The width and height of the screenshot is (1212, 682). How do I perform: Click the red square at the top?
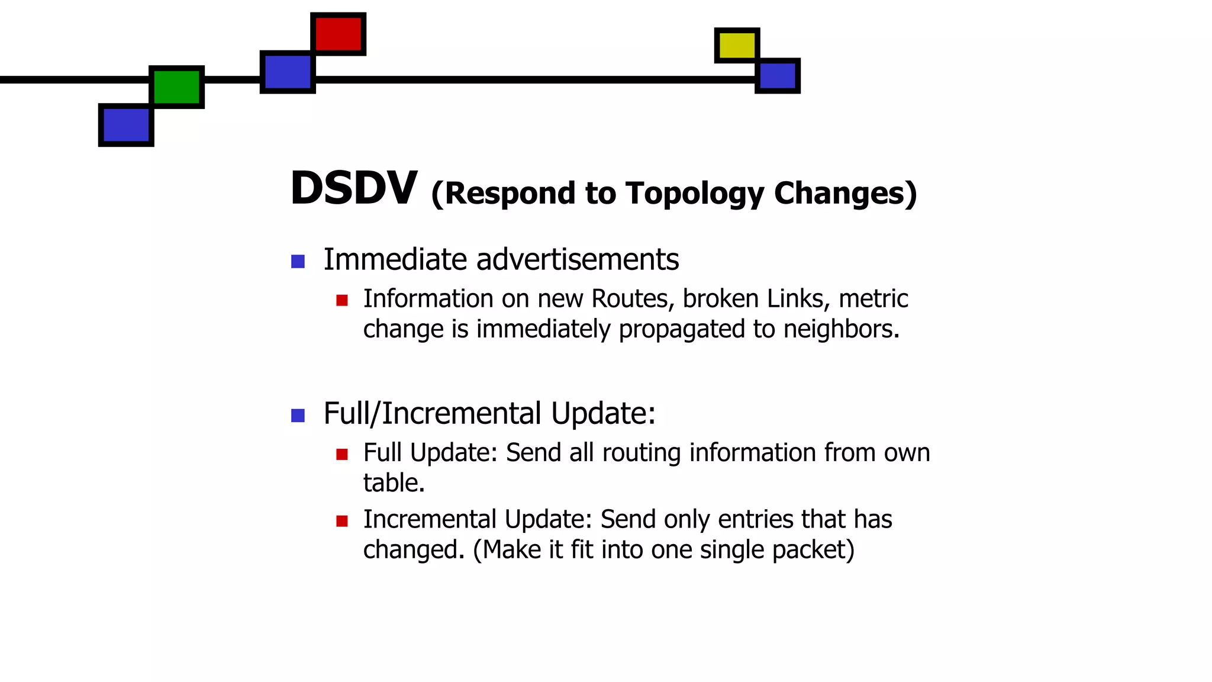[x=338, y=34]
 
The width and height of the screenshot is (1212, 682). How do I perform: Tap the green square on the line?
[x=176, y=86]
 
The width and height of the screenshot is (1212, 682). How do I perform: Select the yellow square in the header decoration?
[x=737, y=45]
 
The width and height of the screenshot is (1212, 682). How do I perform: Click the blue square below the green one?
[x=126, y=125]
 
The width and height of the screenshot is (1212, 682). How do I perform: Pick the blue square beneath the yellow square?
[x=778, y=76]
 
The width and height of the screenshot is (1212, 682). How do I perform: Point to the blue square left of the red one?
[x=288, y=72]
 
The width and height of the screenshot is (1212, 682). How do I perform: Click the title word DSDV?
[x=354, y=188]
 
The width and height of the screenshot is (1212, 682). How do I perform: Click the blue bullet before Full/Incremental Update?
[x=298, y=416]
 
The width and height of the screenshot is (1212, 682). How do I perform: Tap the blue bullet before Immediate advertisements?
[x=298, y=261]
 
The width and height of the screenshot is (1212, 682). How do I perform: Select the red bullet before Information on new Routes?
[x=341, y=300]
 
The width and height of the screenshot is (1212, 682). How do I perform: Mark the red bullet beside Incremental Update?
[x=341, y=521]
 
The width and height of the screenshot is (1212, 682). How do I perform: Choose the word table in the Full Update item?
[x=393, y=483]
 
